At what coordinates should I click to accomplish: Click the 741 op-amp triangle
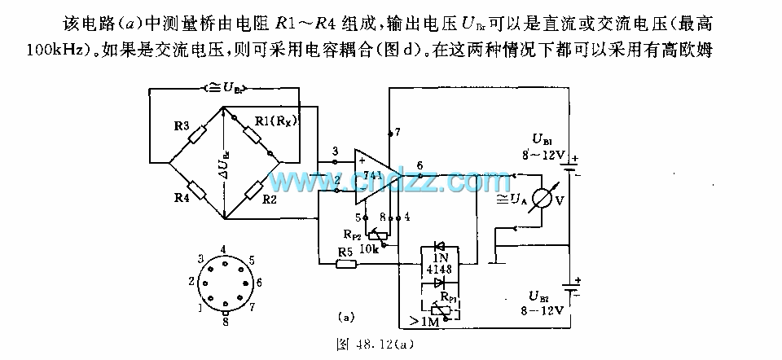pos(370,174)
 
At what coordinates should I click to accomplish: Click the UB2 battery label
pos(541,296)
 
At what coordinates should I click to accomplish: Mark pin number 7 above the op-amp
pos(397,130)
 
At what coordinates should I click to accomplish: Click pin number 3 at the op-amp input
pos(335,151)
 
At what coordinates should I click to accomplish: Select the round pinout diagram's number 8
pos(223,320)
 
